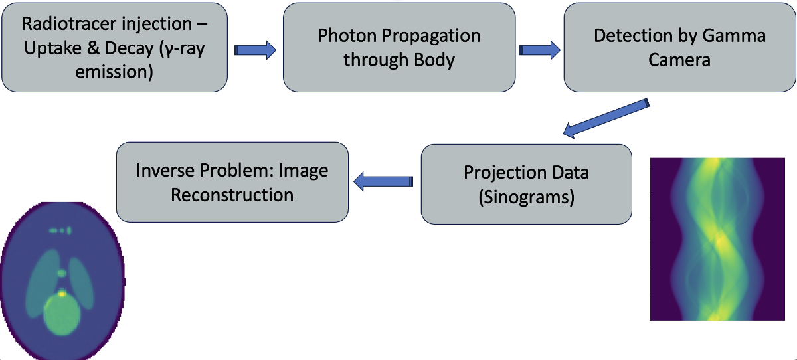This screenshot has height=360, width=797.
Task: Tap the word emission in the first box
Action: coord(114,71)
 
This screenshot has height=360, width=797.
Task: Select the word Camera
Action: coord(679,60)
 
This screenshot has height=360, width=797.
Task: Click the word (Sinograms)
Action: coord(526,197)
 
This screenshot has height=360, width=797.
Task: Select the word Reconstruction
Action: coord(232,195)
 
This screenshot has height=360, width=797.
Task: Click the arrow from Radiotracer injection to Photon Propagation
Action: coord(255,50)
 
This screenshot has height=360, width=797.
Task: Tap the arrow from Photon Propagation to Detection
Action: coord(539,50)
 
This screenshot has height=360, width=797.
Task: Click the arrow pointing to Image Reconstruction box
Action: coord(384,181)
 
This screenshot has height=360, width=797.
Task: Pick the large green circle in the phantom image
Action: coord(62,316)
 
